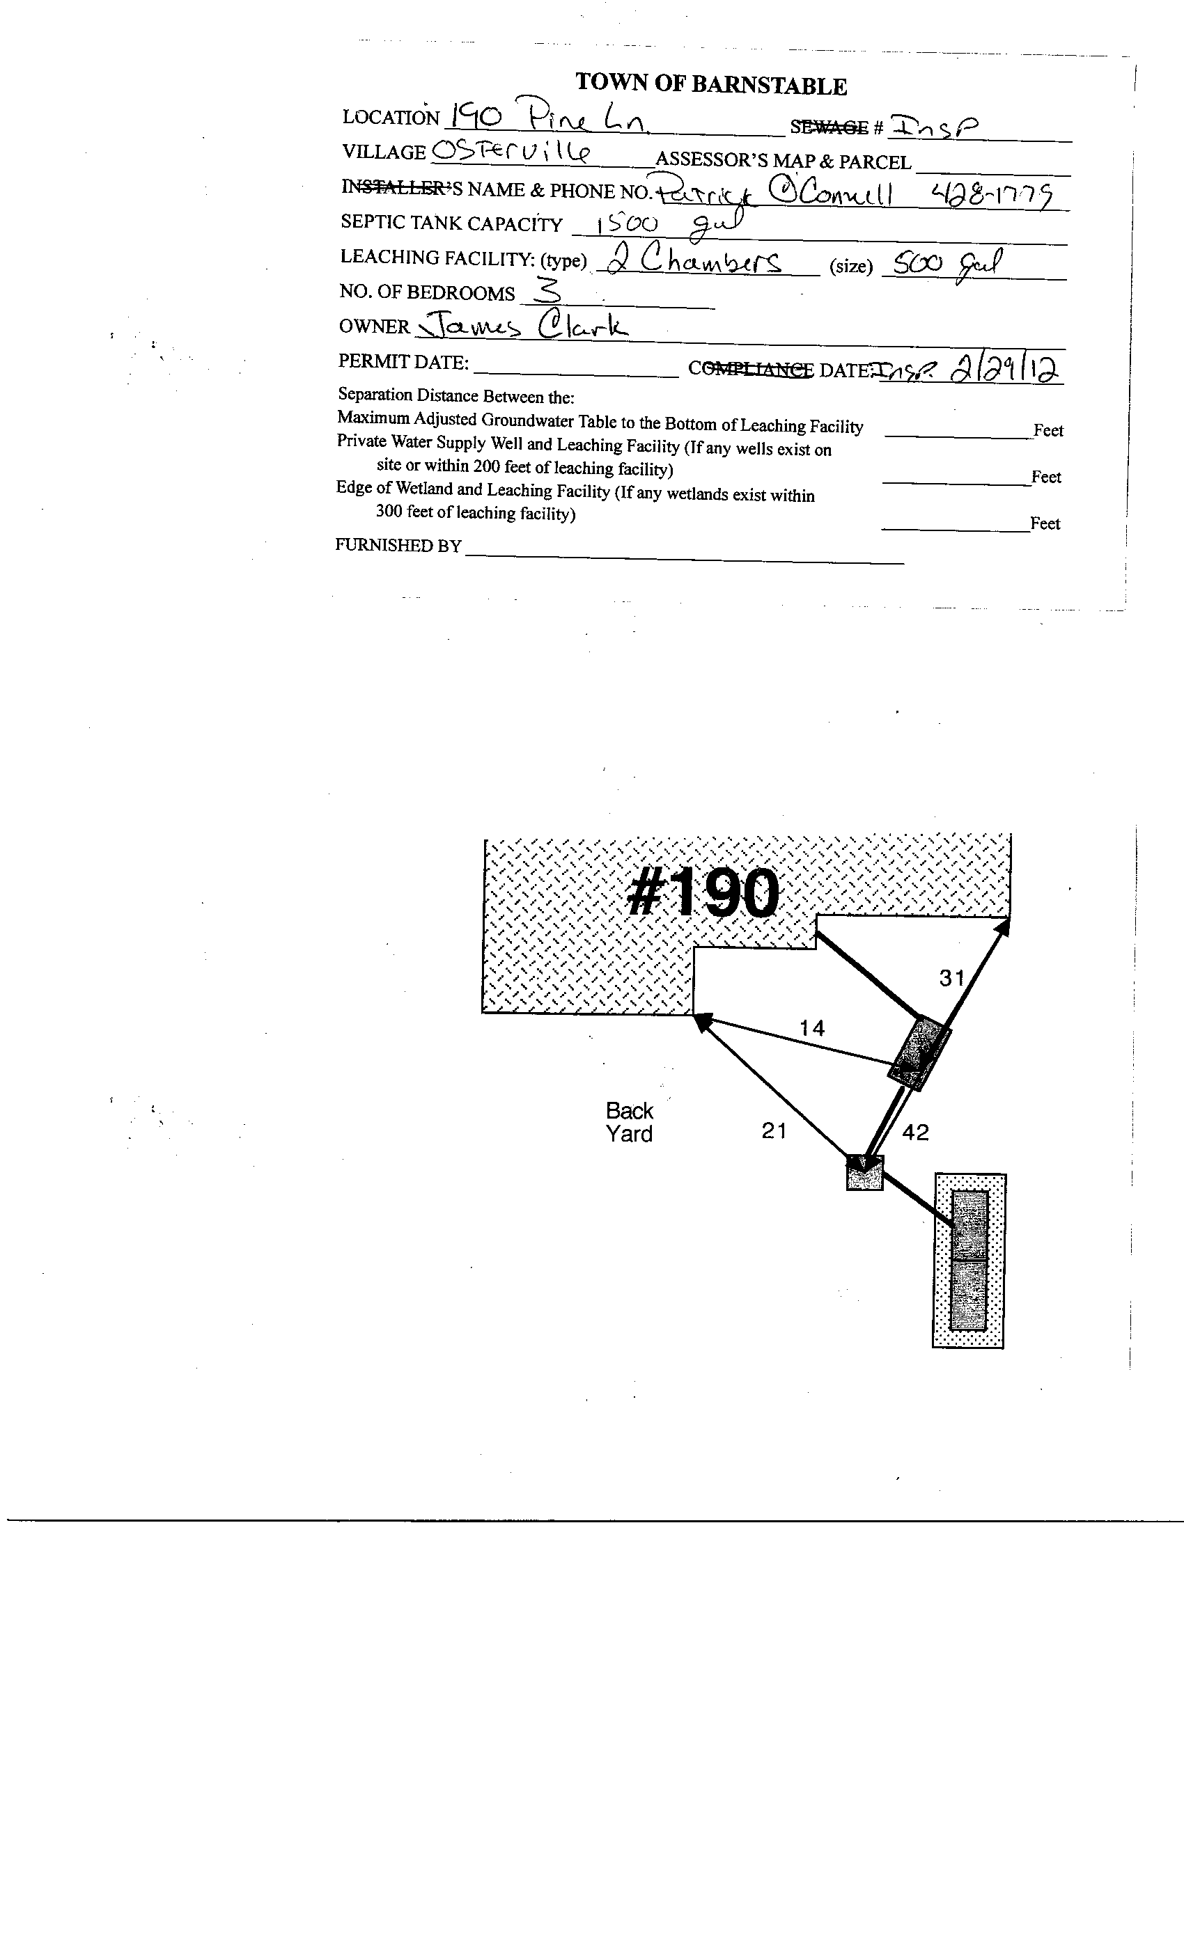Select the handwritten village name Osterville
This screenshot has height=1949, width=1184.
(x=512, y=150)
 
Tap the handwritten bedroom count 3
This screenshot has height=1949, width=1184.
(x=547, y=292)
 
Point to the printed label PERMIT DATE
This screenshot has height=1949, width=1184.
(x=403, y=362)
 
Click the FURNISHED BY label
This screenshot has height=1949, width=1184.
(x=398, y=546)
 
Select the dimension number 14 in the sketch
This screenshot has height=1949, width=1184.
(x=812, y=1028)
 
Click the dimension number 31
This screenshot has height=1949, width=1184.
(x=952, y=979)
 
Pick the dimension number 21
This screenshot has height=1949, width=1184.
(x=774, y=1132)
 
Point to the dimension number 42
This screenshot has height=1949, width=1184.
(x=915, y=1133)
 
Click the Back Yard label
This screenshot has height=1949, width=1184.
(x=629, y=1122)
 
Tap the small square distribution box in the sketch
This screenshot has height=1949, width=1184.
(x=864, y=1173)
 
